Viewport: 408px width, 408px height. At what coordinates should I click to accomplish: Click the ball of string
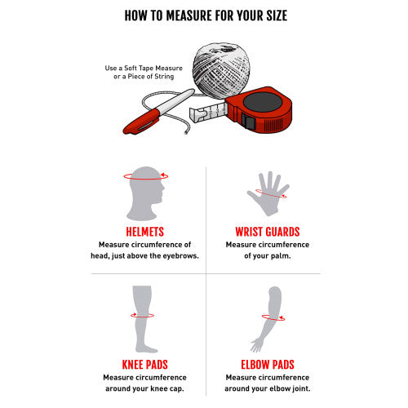222,71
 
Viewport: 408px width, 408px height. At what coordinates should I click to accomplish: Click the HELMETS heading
144,232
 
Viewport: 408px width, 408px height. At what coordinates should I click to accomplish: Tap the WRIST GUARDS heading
268,232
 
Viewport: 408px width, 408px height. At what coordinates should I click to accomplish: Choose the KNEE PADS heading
144,365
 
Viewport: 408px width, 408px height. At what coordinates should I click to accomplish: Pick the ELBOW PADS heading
268,365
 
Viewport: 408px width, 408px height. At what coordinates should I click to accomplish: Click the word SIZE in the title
277,16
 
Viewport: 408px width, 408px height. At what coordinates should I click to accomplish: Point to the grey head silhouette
145,193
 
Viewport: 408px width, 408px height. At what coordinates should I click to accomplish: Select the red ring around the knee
142,317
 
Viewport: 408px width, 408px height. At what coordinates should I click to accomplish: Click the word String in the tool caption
164,77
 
